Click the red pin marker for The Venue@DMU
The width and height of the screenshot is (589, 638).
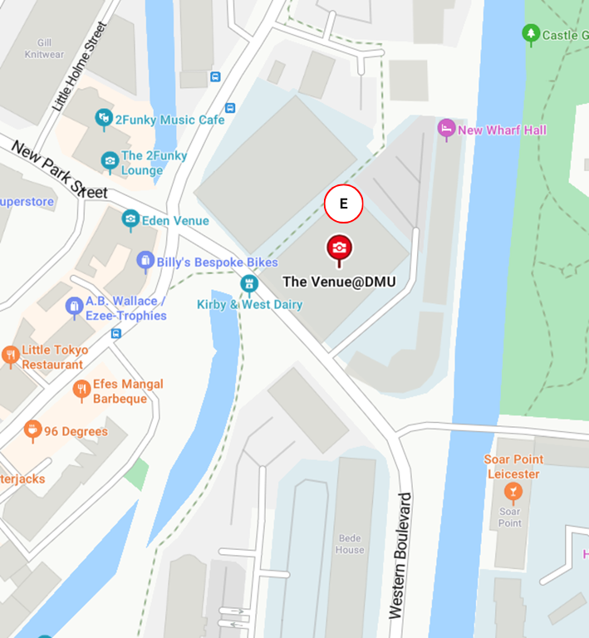[339, 248]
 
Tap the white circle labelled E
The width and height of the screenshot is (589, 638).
[343, 204]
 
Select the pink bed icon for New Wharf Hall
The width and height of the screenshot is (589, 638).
[446, 129]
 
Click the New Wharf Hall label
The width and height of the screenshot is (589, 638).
[502, 130]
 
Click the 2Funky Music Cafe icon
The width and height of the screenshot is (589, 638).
[104, 119]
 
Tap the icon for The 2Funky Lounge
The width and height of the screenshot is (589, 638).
[110, 160]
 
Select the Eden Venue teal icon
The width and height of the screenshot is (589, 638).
[130, 219]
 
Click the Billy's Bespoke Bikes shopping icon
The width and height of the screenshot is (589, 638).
[145, 262]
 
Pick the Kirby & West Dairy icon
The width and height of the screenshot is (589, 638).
[249, 284]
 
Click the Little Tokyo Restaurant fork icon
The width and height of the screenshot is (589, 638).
[10, 356]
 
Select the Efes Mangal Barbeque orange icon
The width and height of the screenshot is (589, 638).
[81, 390]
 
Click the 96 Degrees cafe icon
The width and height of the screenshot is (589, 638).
[32, 430]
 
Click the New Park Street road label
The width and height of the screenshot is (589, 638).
[59, 169]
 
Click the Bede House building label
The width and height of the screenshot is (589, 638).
[350, 544]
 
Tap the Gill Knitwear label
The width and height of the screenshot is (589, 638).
[44, 47]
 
